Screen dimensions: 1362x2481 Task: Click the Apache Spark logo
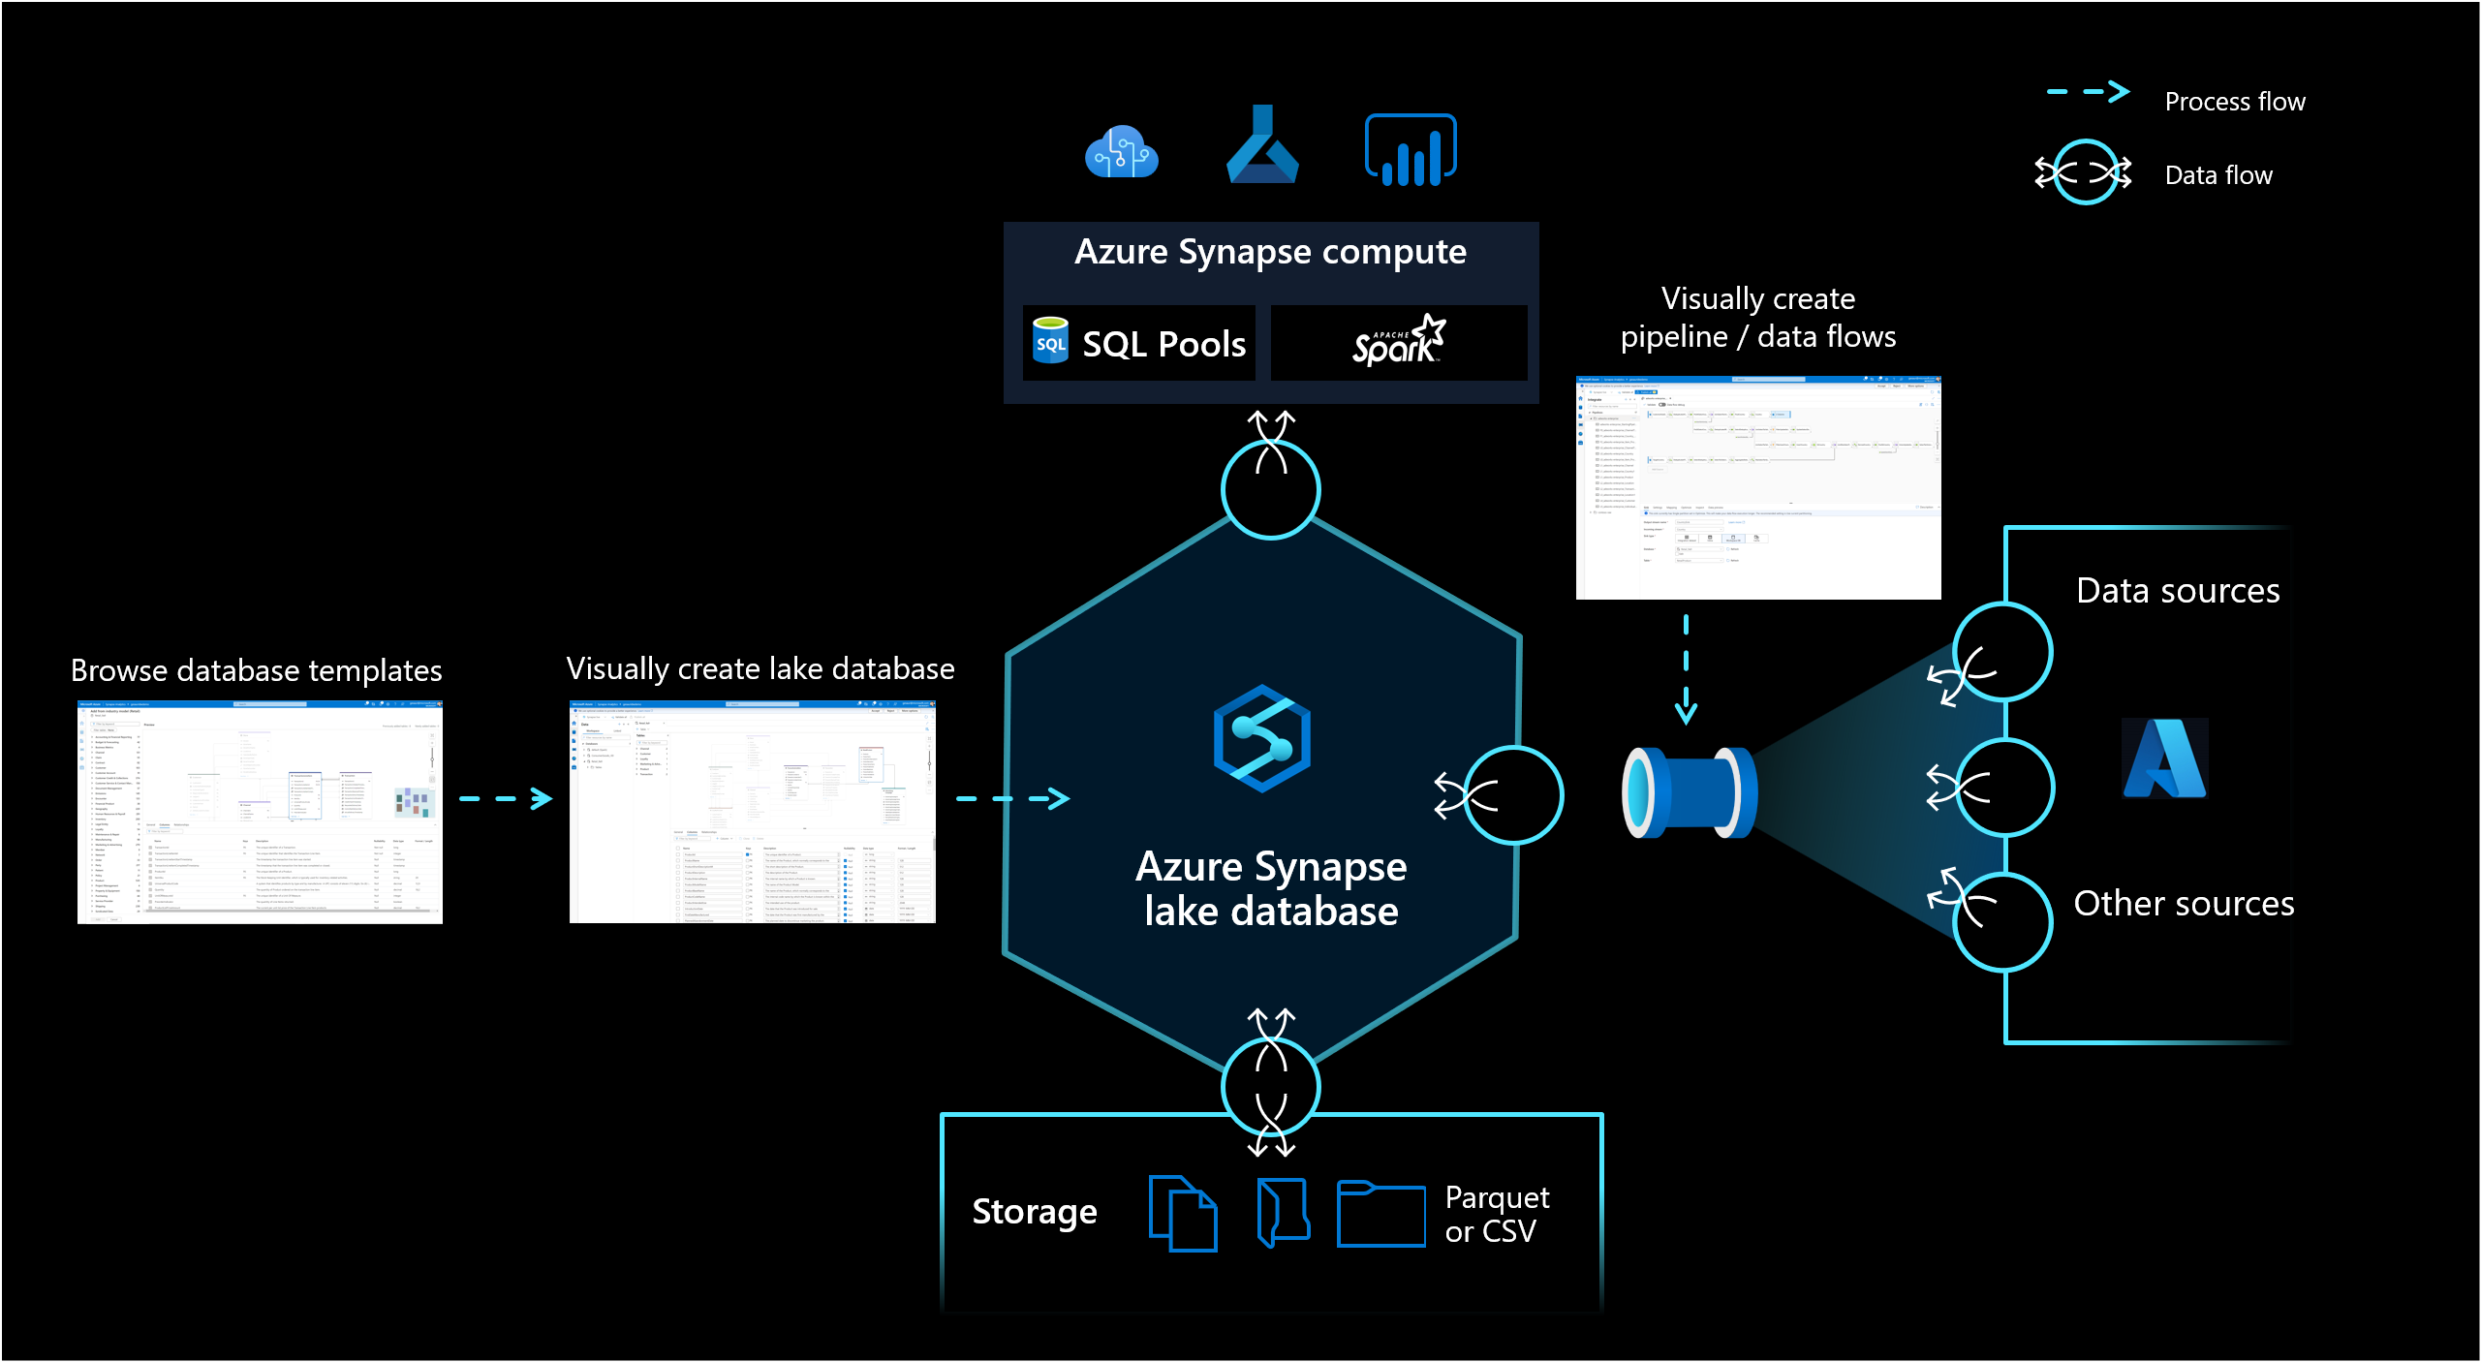coord(1399,342)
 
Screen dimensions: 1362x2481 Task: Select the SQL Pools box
coord(1139,343)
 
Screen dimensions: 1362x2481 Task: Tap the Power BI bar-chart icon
coord(1411,150)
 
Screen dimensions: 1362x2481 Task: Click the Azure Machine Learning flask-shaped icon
coord(1261,146)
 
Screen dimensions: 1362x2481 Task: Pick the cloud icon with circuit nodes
coord(1121,152)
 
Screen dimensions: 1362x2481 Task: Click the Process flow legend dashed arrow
coord(2088,93)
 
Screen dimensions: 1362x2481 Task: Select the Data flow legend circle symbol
coord(2084,173)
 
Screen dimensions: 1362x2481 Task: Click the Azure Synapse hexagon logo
coord(1261,738)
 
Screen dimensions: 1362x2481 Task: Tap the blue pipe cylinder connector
coord(1689,792)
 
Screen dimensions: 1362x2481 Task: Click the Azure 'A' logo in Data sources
coord(2164,758)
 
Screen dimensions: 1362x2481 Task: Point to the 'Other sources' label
coord(2184,903)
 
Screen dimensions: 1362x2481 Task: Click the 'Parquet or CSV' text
coord(1497,1214)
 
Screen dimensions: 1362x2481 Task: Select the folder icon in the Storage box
coord(1380,1214)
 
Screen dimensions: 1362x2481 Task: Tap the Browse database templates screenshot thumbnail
coord(260,812)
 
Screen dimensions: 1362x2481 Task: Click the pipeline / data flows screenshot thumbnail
coord(1758,487)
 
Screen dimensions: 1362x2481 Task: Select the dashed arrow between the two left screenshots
coord(505,799)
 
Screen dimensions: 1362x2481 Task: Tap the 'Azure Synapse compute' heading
coord(1270,252)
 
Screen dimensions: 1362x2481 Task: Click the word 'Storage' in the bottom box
coord(1035,1212)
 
